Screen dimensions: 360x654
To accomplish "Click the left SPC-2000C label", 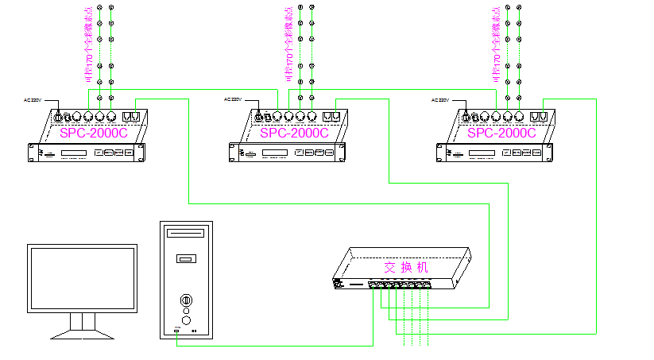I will point(93,133).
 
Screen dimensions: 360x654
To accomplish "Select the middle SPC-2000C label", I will point(293,133).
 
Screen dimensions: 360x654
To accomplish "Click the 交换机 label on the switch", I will point(405,267).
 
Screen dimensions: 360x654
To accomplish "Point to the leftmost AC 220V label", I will point(37,100).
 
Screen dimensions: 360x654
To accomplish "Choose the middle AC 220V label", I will point(237,100).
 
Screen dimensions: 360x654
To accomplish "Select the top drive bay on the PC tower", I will point(186,234).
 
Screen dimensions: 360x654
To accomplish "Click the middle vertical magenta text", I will point(288,45).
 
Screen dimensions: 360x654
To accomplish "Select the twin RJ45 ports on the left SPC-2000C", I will point(131,116).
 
